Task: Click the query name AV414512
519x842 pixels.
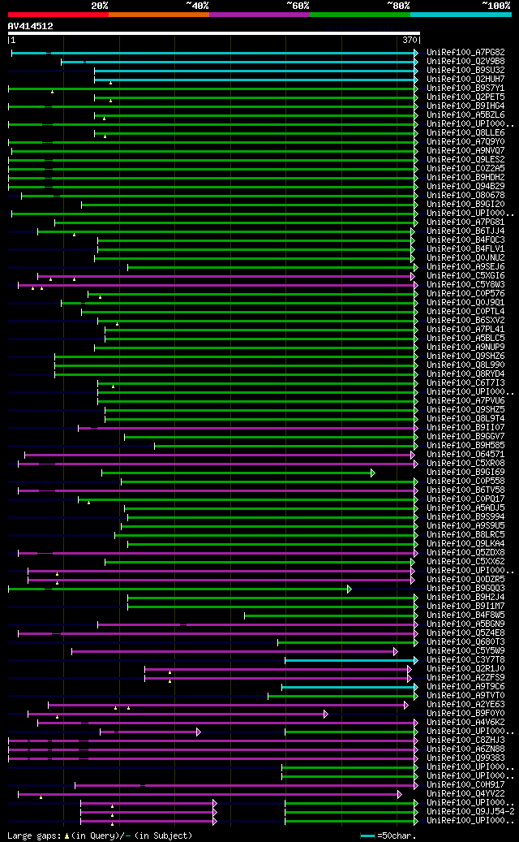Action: pyautogui.click(x=31, y=26)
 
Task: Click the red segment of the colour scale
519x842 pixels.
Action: pyautogui.click(x=58, y=14)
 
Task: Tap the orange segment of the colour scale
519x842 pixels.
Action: pyautogui.click(x=158, y=14)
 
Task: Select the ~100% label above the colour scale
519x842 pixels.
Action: pyautogui.click(x=495, y=5)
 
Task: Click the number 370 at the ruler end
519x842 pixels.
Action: pyautogui.click(x=410, y=40)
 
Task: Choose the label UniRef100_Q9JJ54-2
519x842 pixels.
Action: pyautogui.click(x=470, y=811)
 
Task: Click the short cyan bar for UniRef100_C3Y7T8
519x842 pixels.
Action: pyautogui.click(x=350, y=660)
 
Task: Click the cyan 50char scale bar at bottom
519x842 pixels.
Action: pyautogui.click(x=368, y=835)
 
